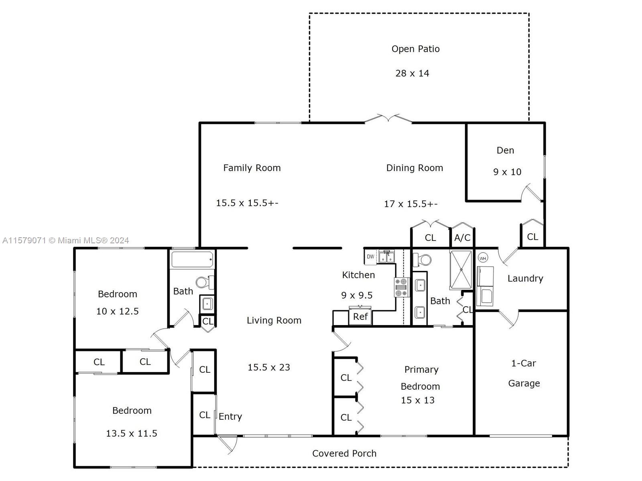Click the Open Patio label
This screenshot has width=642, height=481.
415,49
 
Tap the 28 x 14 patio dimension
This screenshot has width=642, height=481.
412,73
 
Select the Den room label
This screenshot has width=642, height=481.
505,150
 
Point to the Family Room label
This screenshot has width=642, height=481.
252,168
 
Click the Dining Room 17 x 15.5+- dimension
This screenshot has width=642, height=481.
410,204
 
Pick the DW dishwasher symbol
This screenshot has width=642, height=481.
370,257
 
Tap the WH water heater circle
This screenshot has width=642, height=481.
483,258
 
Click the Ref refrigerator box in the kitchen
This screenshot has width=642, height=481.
360,317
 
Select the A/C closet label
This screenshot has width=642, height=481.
462,238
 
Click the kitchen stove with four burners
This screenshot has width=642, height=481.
402,287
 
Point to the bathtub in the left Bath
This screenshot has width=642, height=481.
192,259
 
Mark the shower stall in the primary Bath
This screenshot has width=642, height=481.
461,270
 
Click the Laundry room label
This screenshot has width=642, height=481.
525,279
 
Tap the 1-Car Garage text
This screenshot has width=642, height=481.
524,373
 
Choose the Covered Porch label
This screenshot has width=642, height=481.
344,454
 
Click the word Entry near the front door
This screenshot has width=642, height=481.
230,417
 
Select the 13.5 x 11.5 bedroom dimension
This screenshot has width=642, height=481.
131,433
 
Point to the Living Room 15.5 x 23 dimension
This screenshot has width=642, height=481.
269,368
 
